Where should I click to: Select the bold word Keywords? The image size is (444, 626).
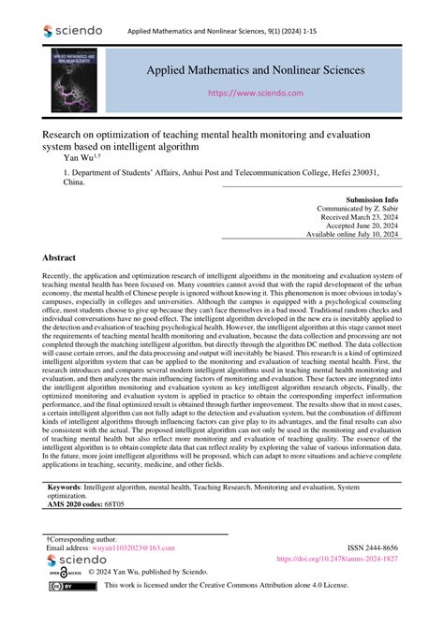pyautogui.click(x=67, y=488)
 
